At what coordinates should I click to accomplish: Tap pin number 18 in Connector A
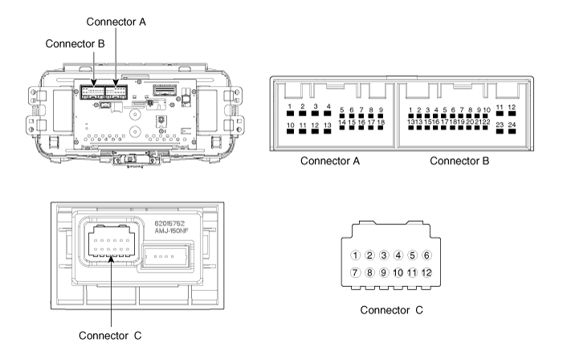point(381,129)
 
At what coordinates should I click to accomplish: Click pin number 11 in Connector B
point(499,114)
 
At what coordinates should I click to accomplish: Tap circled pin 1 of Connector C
point(356,256)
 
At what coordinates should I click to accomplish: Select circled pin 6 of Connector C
point(426,256)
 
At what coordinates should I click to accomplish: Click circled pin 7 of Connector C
point(356,272)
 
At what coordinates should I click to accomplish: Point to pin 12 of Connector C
point(426,272)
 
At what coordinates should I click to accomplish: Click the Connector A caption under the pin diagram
point(329,161)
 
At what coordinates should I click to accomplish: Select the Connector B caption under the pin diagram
point(460,161)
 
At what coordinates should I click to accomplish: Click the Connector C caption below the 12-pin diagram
point(391,309)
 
